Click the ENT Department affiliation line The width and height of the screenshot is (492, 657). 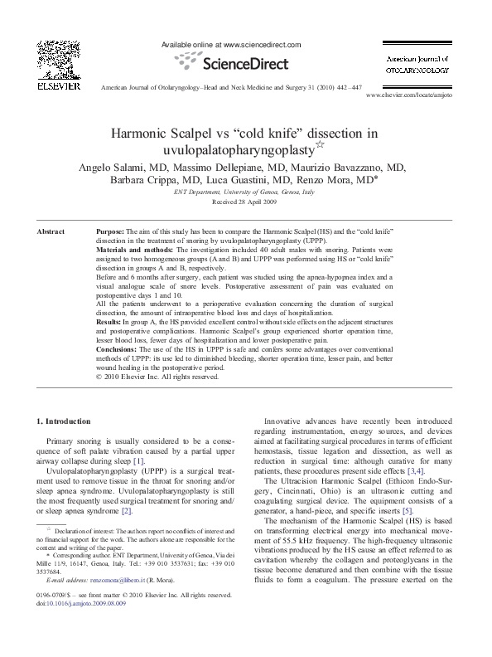coord(244,192)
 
